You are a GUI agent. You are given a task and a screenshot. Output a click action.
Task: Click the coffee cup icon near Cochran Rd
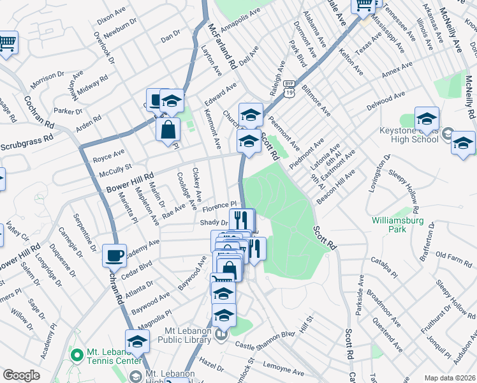point(115,255)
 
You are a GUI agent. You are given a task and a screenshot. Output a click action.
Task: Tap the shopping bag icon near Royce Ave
point(168,130)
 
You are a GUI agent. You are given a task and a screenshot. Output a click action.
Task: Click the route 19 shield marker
point(290,94)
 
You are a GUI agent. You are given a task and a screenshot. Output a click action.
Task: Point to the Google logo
point(21,375)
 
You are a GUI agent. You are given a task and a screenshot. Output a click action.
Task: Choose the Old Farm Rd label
point(453,256)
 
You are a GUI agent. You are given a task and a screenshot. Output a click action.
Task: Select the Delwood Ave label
point(386,100)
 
